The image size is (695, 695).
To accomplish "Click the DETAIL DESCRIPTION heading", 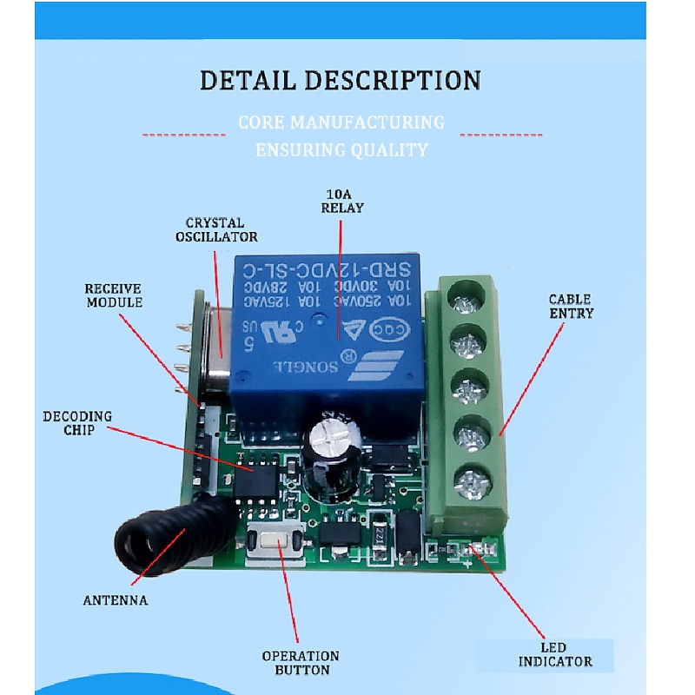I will tap(340, 81).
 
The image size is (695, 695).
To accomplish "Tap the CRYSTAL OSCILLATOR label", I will tap(215, 229).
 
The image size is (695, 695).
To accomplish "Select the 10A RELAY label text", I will tap(342, 201).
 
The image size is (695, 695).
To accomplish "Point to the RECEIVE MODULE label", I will tap(113, 295).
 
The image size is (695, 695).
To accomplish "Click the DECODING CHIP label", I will tap(77, 423).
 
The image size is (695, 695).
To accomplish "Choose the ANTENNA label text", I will tap(116, 600).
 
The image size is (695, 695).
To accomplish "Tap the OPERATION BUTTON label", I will tap(301, 663).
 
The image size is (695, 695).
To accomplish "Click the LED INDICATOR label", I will tap(556, 654).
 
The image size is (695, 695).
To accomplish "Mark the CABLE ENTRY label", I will tap(571, 306).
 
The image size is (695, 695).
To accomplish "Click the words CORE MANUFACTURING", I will tap(341, 122).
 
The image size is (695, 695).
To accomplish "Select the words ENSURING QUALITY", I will tap(341, 150).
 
